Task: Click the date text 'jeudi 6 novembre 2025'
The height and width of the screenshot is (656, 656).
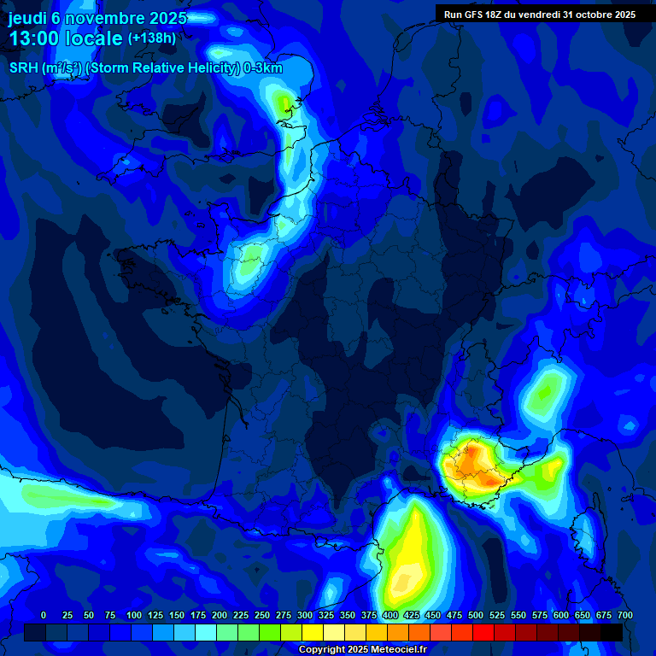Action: point(97,18)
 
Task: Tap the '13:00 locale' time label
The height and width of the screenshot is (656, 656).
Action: point(66,38)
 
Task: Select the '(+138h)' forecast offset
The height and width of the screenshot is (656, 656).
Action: point(152,38)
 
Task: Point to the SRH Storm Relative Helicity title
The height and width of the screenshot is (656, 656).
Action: point(145,68)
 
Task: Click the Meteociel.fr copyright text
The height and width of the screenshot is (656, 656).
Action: point(361,650)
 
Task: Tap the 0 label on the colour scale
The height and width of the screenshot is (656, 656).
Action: point(44,615)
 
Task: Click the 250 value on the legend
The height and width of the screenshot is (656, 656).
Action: point(262,615)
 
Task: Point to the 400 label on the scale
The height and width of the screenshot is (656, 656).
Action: point(390,615)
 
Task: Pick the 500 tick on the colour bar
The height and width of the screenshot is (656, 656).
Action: point(476,615)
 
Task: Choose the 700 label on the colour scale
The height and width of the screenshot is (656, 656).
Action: point(624,615)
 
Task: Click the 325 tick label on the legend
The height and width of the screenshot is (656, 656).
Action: point(326,615)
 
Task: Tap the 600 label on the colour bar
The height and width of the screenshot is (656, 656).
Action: point(561,615)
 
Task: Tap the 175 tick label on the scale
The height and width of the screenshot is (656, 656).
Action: point(198,615)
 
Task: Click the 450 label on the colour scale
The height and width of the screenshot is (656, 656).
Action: point(433,615)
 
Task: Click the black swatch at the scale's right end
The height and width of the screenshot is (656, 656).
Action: point(611,632)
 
